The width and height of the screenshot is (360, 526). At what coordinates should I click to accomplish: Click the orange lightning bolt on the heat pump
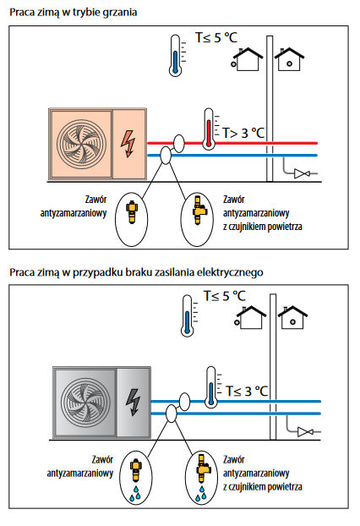click(x=128, y=144)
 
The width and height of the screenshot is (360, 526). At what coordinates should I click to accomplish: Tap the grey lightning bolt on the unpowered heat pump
click(x=133, y=403)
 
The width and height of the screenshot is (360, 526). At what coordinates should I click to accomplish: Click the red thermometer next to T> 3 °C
click(x=209, y=129)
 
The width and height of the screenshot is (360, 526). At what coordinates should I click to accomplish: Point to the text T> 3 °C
click(x=243, y=133)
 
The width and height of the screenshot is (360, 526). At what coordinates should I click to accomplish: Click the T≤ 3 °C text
click(x=247, y=392)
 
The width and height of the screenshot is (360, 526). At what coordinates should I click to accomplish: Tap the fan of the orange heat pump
click(x=81, y=144)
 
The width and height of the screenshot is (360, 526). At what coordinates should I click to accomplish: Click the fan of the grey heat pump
click(x=86, y=403)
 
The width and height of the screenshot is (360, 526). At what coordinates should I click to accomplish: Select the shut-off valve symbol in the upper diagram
click(x=302, y=173)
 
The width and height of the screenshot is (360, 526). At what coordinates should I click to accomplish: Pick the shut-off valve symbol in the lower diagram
click(x=305, y=432)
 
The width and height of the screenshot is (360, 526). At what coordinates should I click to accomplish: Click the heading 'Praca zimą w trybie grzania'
click(x=73, y=13)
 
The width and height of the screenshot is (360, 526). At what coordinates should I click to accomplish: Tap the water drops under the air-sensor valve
click(x=201, y=493)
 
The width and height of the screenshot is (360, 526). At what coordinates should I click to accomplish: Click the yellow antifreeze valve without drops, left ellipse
click(x=132, y=212)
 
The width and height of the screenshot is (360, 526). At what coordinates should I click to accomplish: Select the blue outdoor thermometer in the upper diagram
click(x=175, y=55)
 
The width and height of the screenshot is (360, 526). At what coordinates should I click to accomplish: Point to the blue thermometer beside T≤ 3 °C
click(x=210, y=387)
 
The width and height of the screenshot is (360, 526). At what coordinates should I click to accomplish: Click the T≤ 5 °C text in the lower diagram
click(x=225, y=296)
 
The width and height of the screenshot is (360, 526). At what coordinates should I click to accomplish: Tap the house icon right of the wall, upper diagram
click(x=289, y=59)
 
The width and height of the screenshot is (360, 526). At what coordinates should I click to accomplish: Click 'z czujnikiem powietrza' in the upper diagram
click(x=263, y=227)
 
